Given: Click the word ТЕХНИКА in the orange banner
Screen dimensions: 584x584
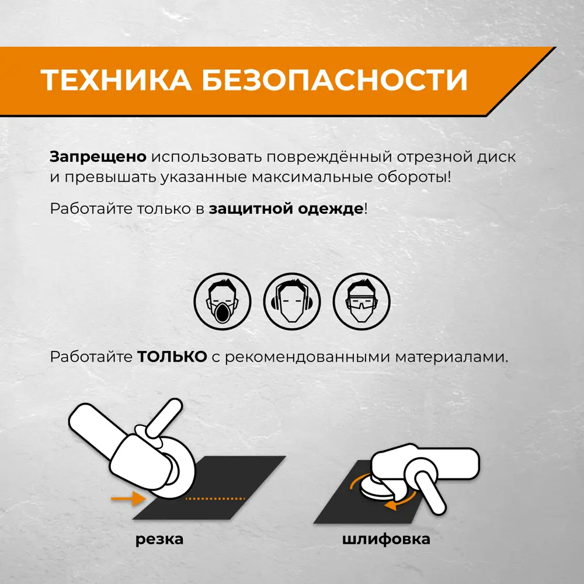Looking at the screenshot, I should (116, 80).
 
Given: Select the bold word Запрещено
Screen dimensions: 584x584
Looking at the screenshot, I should (98, 158).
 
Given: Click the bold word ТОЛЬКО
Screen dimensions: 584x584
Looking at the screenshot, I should (172, 357).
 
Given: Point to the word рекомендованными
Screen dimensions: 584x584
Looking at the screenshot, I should (304, 357).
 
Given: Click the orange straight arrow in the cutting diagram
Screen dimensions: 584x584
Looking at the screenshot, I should (128, 498).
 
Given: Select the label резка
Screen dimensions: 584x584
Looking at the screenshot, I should (159, 539).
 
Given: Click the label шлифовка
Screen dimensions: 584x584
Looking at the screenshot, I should (386, 539).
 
